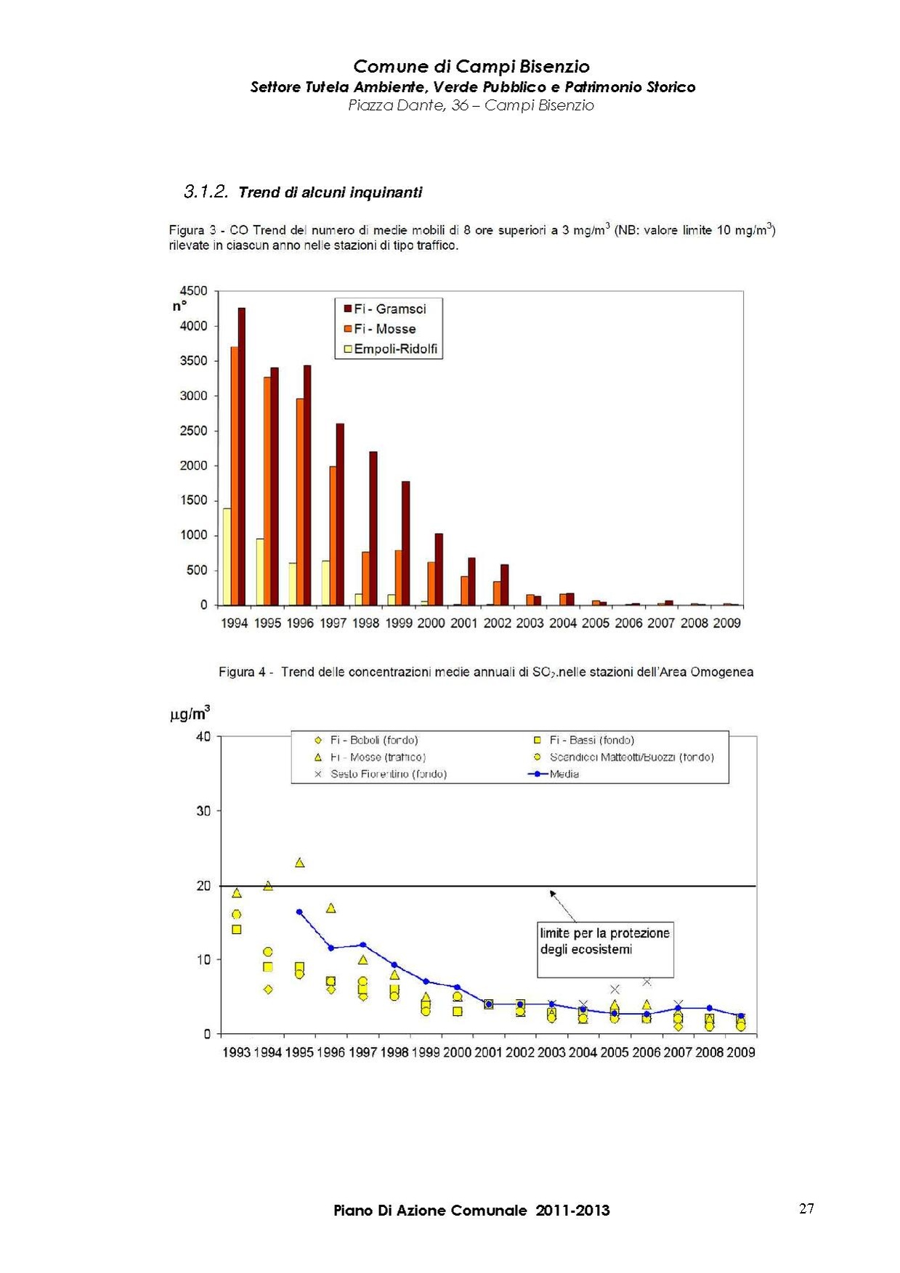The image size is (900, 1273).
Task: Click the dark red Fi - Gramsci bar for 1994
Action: click(242, 457)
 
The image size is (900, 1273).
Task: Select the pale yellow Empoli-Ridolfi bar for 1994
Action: click(227, 557)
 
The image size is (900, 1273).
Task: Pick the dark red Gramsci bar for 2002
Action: click(505, 585)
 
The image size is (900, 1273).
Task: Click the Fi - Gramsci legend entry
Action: click(385, 309)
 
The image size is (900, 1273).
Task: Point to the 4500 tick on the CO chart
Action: click(193, 290)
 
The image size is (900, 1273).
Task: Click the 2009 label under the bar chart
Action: click(726, 623)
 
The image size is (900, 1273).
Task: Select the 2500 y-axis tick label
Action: click(193, 431)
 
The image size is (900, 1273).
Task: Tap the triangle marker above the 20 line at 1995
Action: click(299, 863)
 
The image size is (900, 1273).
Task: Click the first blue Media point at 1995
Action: click(299, 911)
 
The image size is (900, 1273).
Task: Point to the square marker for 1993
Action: click(237, 930)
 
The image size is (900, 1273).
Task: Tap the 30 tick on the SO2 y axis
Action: click(203, 811)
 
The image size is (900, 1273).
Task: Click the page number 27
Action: click(806, 1208)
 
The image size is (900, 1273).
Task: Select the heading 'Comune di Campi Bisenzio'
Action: click(471, 67)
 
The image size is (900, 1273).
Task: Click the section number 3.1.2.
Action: click(206, 192)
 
